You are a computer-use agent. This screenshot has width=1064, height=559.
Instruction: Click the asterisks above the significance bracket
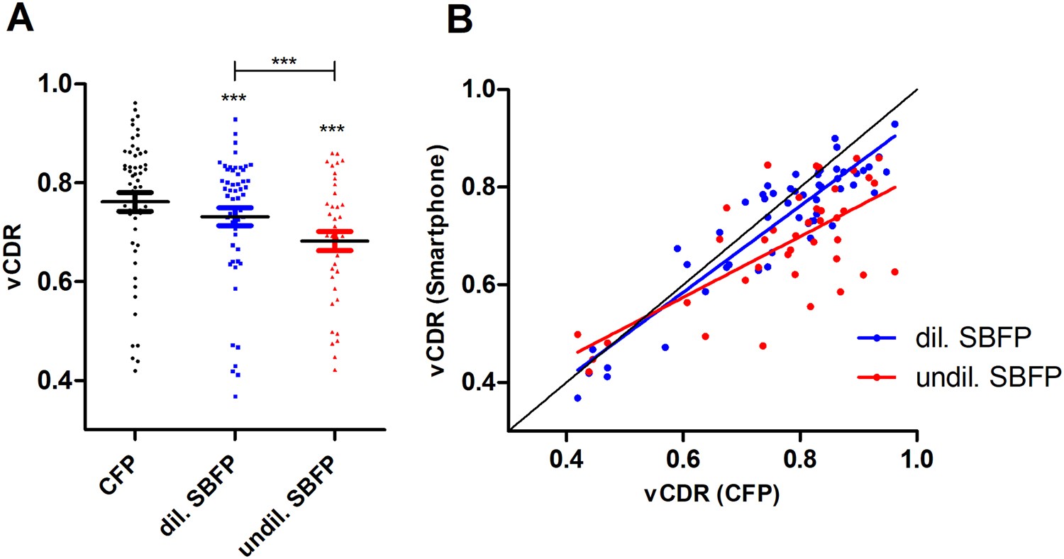284,60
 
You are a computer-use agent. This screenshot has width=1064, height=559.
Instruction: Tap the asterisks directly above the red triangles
334,129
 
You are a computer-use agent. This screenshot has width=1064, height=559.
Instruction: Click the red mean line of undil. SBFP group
334,241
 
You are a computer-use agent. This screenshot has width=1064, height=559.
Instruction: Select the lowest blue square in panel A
235,396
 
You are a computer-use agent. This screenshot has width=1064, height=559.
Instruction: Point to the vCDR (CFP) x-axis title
713,497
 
